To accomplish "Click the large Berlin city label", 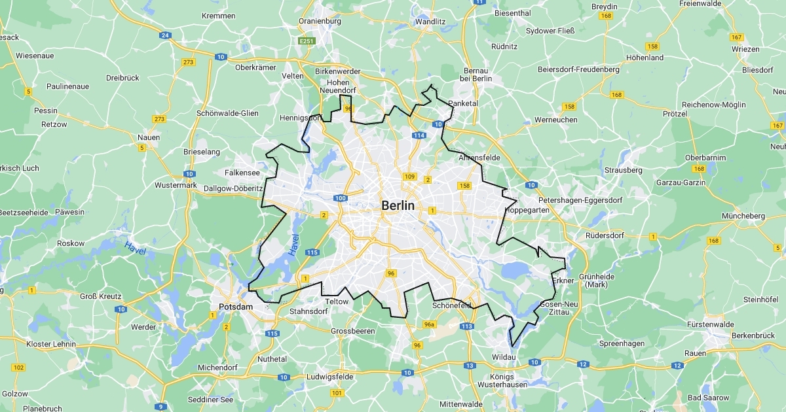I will click(x=398, y=205).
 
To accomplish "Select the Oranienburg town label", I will click(x=320, y=21).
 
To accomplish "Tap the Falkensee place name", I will click(x=242, y=173).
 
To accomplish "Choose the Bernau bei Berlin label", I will click(x=476, y=74).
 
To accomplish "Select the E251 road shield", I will click(x=307, y=41).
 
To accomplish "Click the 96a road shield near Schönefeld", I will click(x=430, y=324).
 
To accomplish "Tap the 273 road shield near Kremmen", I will click(x=189, y=62).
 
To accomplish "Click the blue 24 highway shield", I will click(x=165, y=35).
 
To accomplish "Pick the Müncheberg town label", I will click(x=743, y=216).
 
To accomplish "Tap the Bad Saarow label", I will click(x=709, y=398).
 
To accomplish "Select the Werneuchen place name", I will click(x=555, y=120).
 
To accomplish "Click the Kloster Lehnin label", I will click(x=50, y=344).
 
